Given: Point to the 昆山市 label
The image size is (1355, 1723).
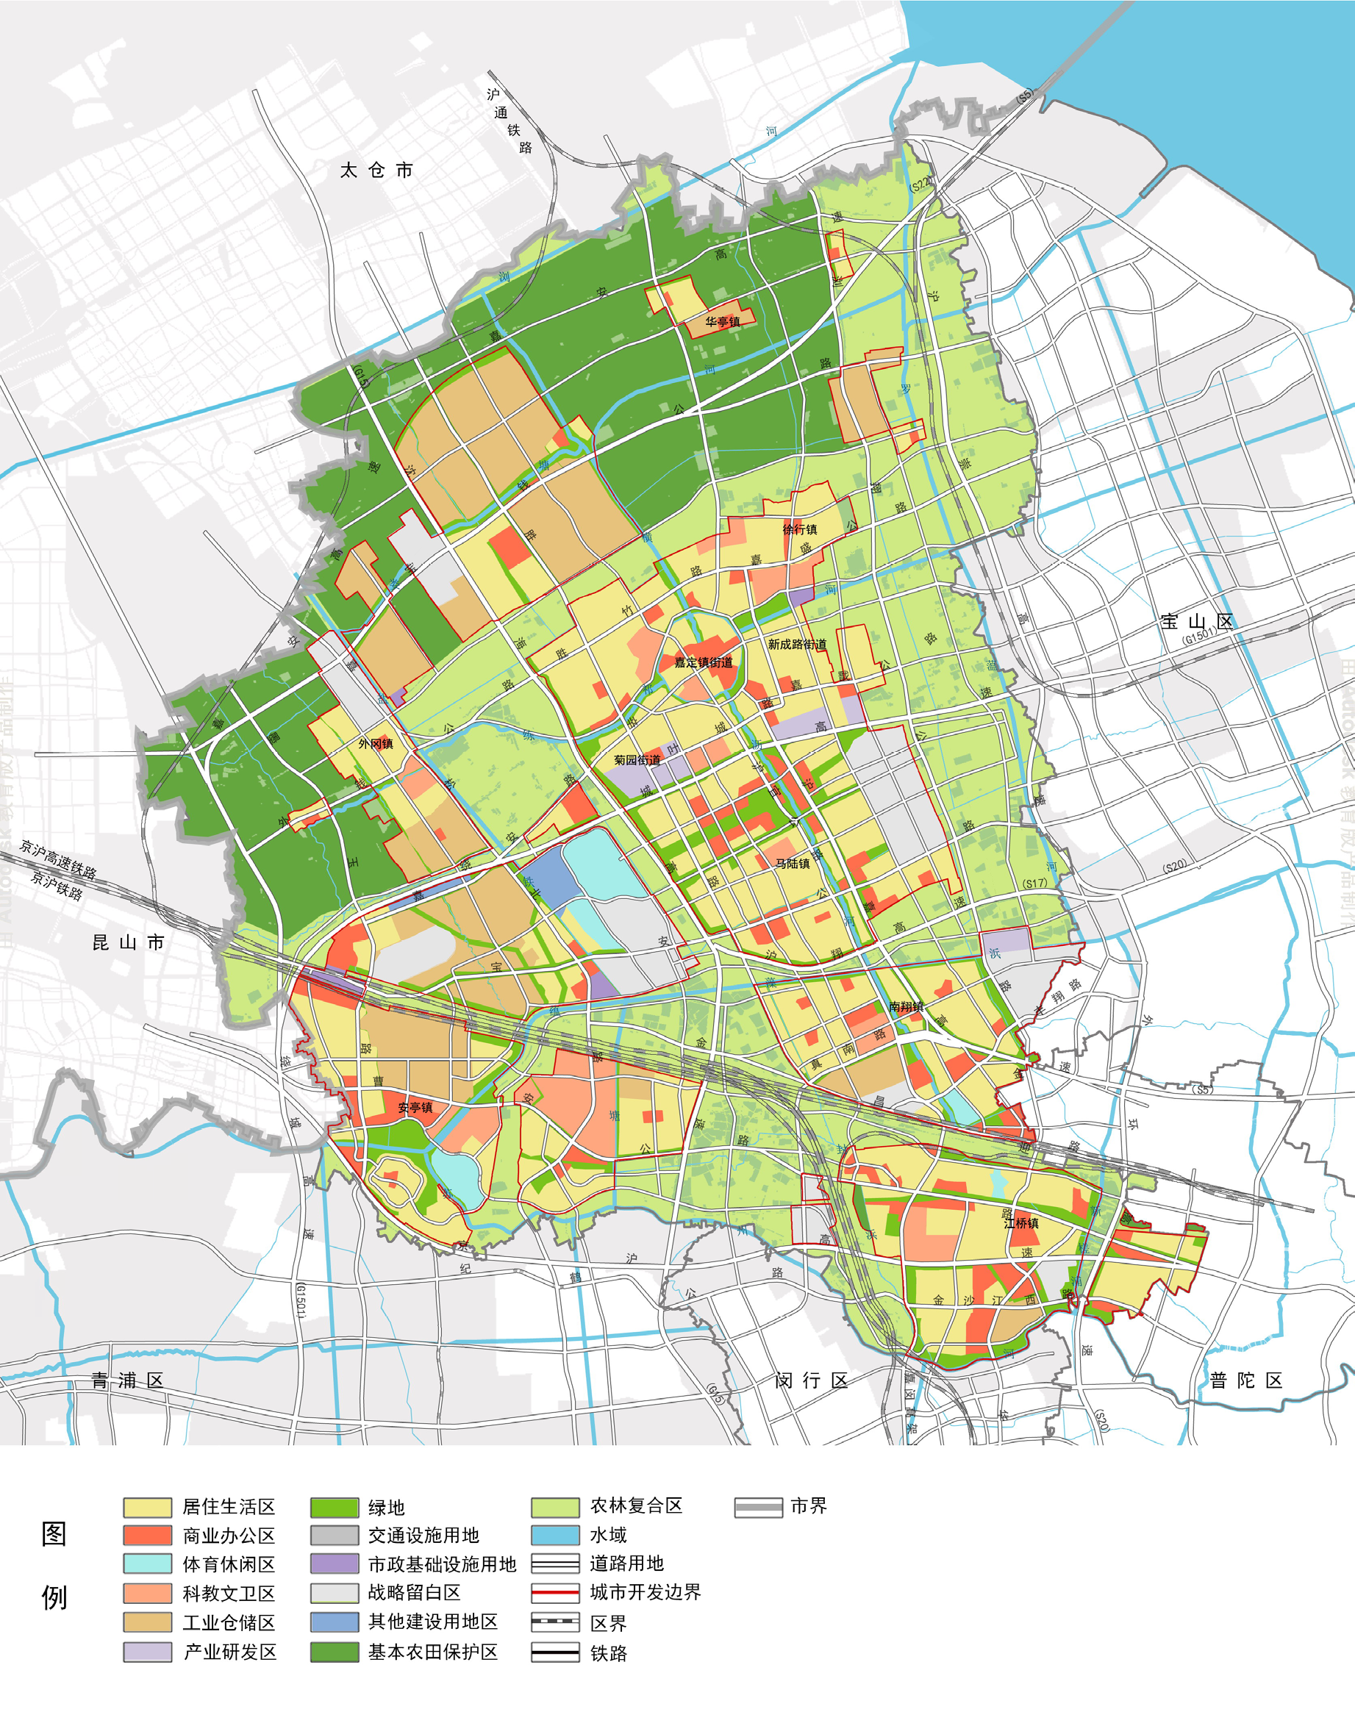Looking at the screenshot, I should click(x=128, y=942).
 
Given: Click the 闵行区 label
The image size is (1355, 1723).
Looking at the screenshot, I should click(x=812, y=1380).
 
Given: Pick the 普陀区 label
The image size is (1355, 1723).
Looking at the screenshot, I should click(x=1246, y=1380).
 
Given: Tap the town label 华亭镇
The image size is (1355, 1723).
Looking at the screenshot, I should click(x=723, y=321).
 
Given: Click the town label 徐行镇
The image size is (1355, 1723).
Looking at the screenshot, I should click(x=800, y=529).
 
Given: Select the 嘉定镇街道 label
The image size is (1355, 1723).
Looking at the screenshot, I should click(x=704, y=662).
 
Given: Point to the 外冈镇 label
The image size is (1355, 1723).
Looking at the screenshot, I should click(x=375, y=743).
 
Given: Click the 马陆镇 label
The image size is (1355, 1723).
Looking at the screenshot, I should click(x=793, y=863).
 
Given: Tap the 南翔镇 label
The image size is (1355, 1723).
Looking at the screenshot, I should click(x=906, y=1006).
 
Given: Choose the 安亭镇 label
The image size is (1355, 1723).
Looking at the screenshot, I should click(x=415, y=1108).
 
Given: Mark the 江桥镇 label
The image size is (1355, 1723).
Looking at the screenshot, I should click(x=1021, y=1223).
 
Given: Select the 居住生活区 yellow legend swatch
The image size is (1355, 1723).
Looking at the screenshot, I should click(x=148, y=1507).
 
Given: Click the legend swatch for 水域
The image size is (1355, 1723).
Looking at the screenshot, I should click(x=554, y=1535).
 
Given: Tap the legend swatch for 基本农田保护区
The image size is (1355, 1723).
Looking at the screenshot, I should click(x=334, y=1652).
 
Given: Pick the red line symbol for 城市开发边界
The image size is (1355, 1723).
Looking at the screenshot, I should click(x=554, y=1593).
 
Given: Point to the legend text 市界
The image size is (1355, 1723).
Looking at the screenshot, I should click(x=809, y=1505).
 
